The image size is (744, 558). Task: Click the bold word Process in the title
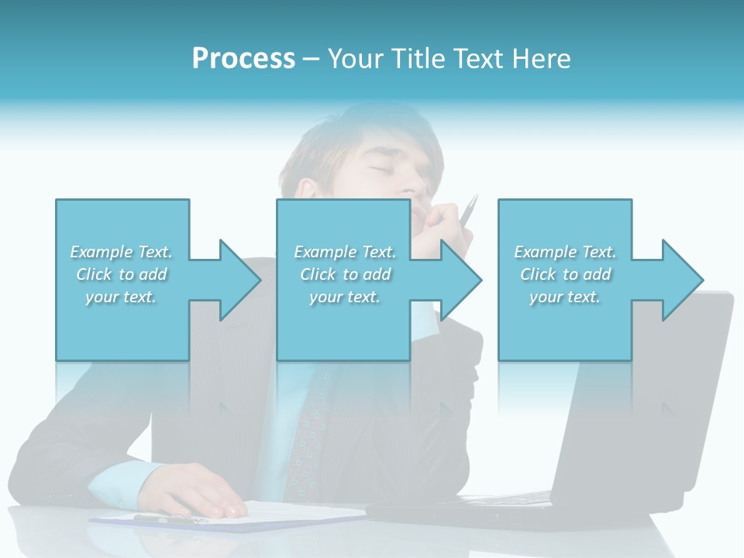[243, 59]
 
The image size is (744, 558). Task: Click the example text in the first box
[121, 274]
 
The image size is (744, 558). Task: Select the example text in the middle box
[344, 274]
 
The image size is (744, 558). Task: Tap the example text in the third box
[565, 274]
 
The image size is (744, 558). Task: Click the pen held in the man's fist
[470, 210]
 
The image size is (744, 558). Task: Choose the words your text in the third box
[565, 297]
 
